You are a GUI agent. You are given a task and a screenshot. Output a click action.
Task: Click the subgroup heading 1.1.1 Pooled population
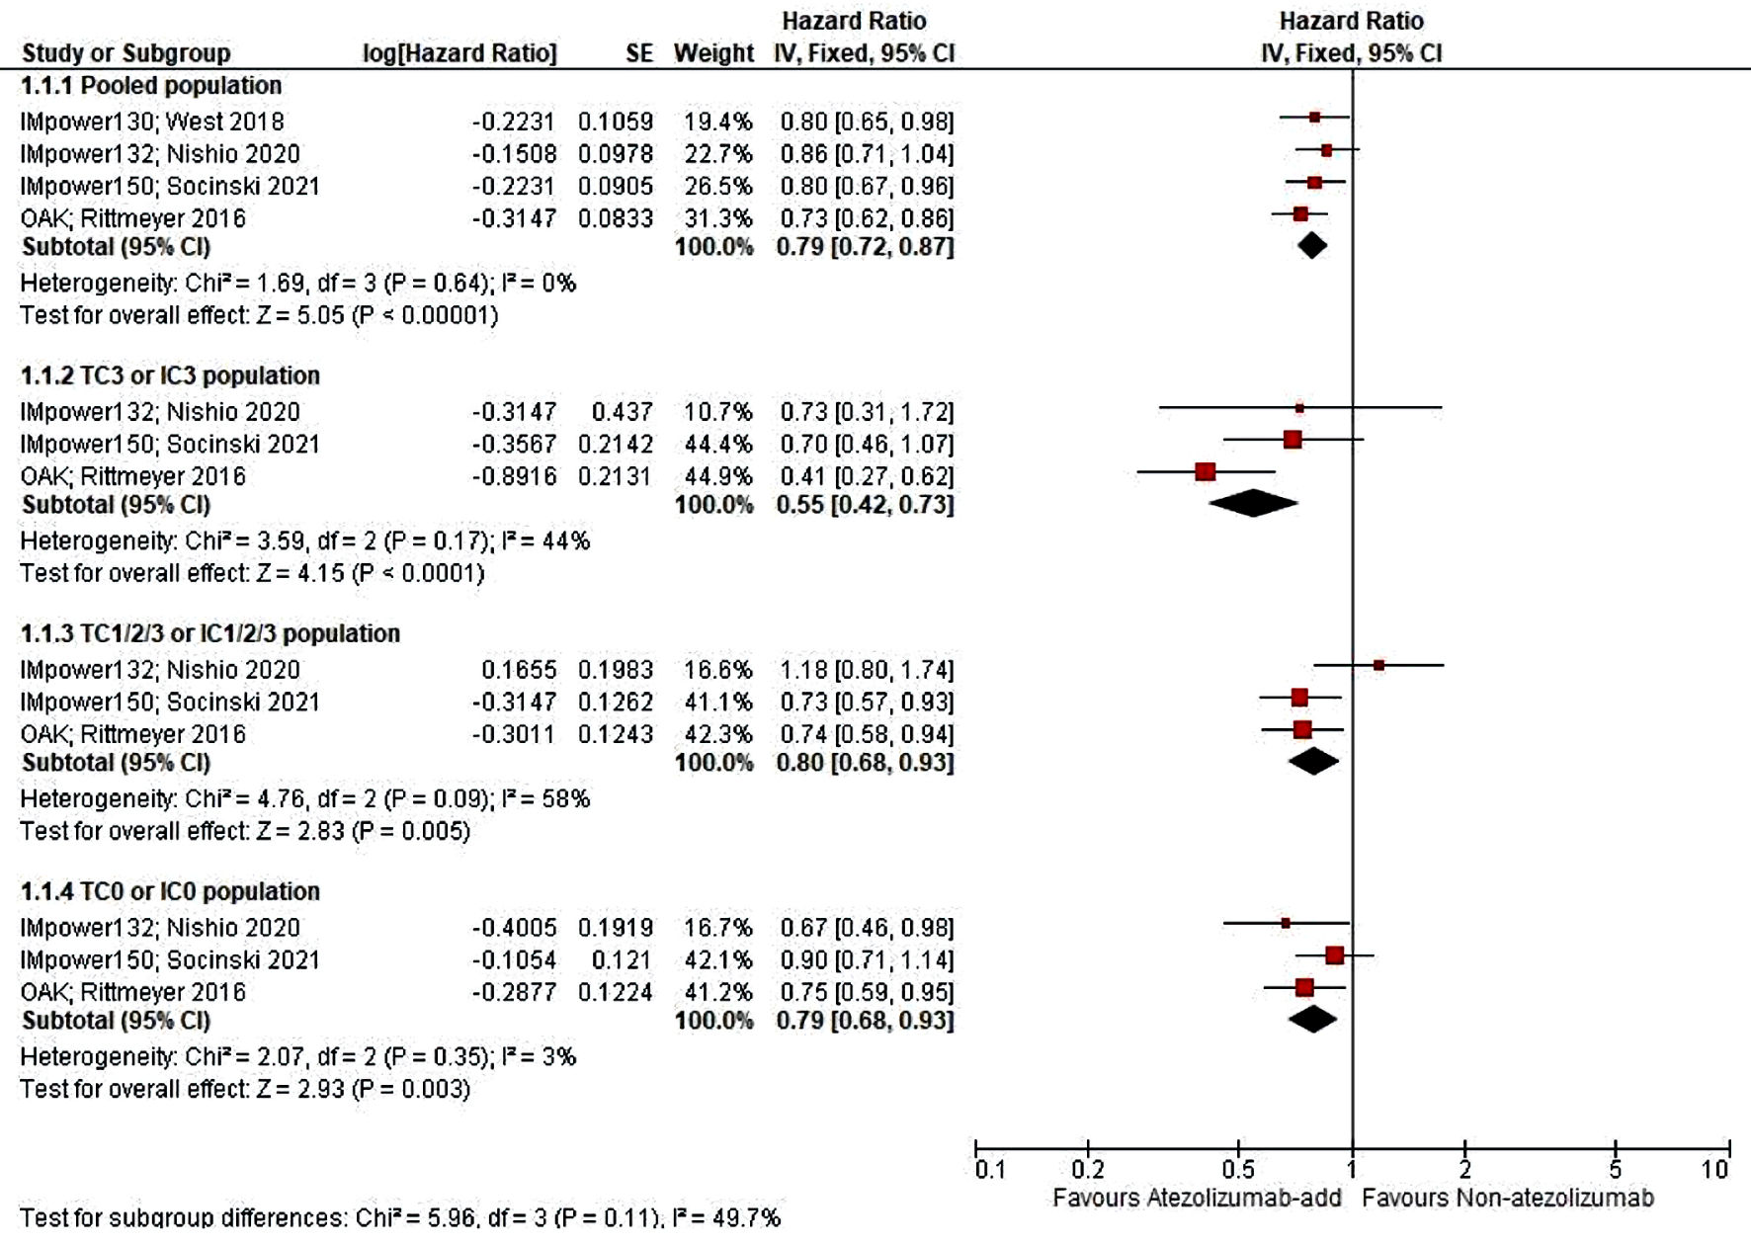[151, 86]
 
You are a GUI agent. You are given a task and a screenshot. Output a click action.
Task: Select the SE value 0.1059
[615, 122]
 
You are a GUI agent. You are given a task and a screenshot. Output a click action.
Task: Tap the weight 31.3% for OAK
[717, 218]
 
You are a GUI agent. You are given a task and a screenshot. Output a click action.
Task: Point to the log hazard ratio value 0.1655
[519, 670]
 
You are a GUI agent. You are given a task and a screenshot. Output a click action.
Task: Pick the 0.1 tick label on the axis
[990, 1170]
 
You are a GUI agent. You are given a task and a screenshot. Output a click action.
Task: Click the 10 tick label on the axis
[1714, 1170]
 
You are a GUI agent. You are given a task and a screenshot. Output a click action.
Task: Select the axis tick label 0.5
[1238, 1170]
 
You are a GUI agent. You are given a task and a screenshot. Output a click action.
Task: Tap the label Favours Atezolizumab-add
[1197, 1199]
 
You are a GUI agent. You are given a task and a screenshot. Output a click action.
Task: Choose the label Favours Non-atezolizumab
[1507, 1199]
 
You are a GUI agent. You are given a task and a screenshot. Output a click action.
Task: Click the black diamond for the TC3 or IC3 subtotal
[1252, 503]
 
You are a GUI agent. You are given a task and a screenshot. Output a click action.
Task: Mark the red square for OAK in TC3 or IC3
[1205, 471]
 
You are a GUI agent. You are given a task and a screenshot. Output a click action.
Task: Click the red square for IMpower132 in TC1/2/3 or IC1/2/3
[1378, 666]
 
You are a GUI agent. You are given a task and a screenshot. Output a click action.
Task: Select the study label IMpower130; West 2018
[152, 122]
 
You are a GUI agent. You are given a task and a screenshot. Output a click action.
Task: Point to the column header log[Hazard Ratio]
[459, 53]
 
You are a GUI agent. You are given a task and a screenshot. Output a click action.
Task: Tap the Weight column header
[713, 53]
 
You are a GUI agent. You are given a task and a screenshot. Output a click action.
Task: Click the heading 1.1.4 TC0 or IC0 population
[170, 891]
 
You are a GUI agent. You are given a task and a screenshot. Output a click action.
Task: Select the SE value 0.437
[622, 412]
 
